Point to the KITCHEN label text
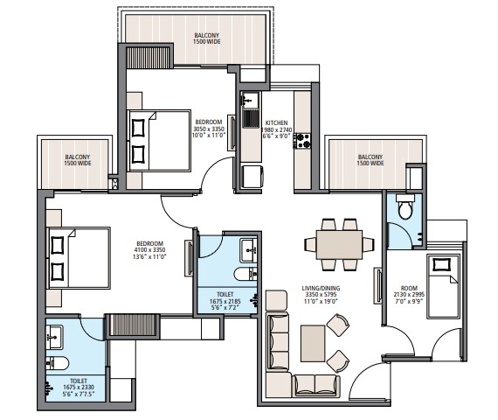pos(276,122)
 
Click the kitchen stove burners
pos(301,138)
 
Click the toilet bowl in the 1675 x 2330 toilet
pos(57,362)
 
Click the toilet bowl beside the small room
pos(405,210)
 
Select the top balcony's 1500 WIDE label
pos(207,40)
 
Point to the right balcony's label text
pos(370,159)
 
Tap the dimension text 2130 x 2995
pos(408,295)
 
